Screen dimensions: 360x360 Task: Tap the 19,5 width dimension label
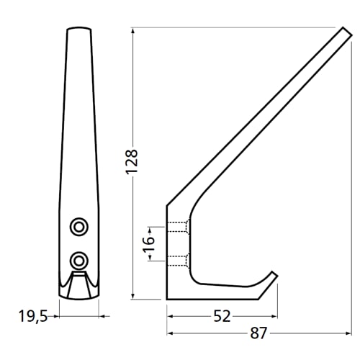click(33, 315)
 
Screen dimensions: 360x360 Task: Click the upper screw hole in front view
click(77, 228)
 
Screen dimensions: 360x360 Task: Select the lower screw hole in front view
click(77, 258)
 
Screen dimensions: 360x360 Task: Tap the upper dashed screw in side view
click(179, 227)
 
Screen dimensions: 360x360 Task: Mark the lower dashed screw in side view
click(179, 258)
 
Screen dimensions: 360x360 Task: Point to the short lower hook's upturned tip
click(274, 273)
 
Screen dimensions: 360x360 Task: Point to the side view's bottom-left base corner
click(168, 298)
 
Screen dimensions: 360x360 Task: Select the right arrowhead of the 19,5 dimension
click(101, 315)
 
